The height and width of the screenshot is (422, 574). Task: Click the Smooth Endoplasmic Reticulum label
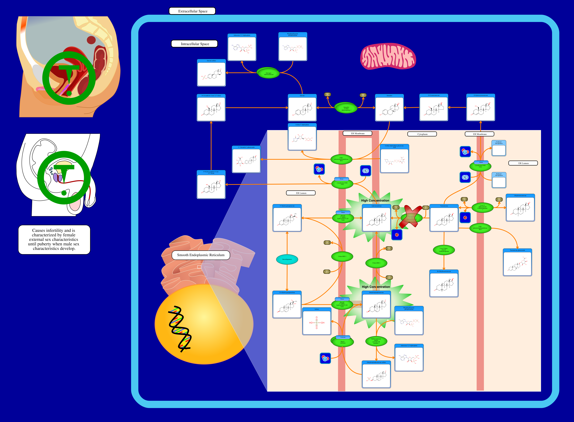pyautogui.click(x=201, y=255)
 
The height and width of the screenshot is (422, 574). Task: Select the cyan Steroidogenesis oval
pyautogui.click(x=287, y=259)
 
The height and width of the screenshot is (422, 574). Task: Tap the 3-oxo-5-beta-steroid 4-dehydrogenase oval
pyautogui.click(x=444, y=250)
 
